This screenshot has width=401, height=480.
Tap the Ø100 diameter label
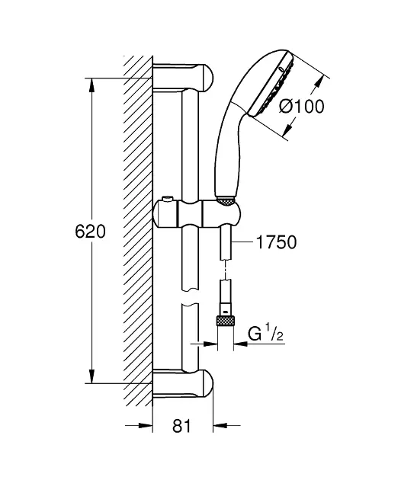click(302, 107)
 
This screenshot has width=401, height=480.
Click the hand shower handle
click(228, 152)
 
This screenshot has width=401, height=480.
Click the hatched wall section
click(137, 229)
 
